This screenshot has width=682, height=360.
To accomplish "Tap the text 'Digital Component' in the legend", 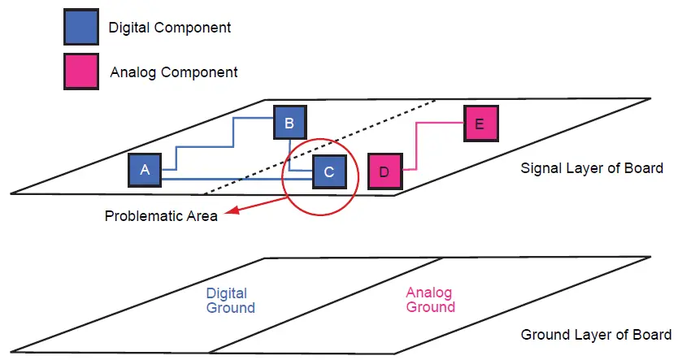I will click(170, 28).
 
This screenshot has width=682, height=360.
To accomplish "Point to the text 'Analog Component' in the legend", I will click(174, 72).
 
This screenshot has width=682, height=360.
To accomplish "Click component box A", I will click(146, 170).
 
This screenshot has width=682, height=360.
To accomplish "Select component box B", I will click(289, 124).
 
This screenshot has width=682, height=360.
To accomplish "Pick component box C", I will click(329, 171).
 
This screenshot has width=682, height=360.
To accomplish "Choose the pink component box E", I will click(479, 124).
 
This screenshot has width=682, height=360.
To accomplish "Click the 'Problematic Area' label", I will click(161, 217).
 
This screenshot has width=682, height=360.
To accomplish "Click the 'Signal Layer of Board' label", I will click(592, 169).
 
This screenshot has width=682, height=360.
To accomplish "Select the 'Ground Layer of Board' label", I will click(596, 335).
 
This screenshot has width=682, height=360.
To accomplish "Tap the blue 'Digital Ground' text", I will click(231, 301).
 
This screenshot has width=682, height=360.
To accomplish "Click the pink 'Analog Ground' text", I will click(430, 301).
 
